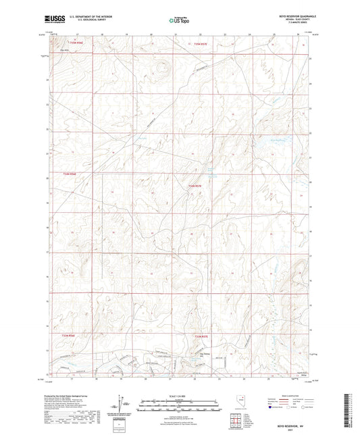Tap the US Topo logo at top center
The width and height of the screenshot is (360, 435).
pyautogui.click(x=178, y=21)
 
